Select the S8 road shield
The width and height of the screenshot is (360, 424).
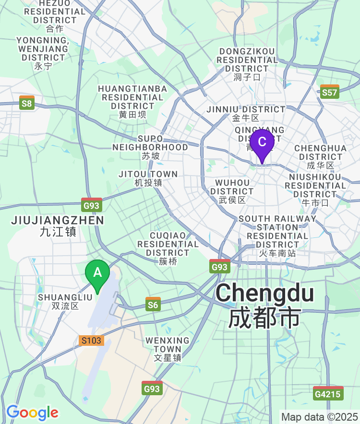click(x=27, y=103)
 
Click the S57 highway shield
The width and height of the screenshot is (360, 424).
click(x=330, y=92)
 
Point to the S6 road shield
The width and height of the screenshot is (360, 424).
click(x=153, y=304)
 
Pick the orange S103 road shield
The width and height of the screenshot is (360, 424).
click(x=91, y=341)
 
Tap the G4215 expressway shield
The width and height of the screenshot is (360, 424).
click(x=328, y=393)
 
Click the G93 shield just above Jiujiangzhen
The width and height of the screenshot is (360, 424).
click(x=91, y=205)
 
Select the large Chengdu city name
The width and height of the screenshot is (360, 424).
click(x=265, y=305)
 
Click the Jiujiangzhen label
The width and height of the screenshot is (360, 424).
click(x=57, y=225)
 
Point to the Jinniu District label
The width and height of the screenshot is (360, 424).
click(x=246, y=113)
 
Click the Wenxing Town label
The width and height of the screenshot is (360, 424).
click(x=168, y=349)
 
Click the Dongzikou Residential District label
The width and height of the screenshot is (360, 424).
click(x=247, y=64)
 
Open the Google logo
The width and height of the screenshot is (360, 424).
click(x=32, y=412)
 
